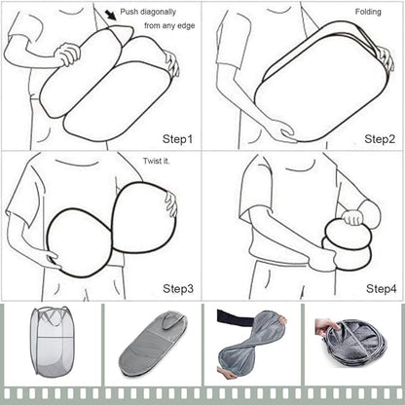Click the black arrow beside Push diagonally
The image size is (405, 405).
pyautogui.click(x=111, y=15)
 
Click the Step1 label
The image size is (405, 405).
pyautogui.click(x=177, y=139)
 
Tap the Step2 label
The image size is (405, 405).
pyautogui.click(x=380, y=139)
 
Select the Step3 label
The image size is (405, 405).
pyautogui.click(x=178, y=288)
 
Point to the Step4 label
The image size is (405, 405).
pyautogui.click(x=382, y=288)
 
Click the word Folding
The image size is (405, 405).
pyautogui.click(x=368, y=12)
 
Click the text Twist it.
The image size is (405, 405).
pyautogui.click(x=157, y=161)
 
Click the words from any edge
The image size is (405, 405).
pyautogui.click(x=169, y=25)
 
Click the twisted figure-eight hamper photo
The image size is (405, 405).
pyautogui.click(x=251, y=346)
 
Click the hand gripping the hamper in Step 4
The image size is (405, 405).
pyautogui.click(x=352, y=218)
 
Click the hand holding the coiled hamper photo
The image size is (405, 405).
pyautogui.click(x=327, y=327)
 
